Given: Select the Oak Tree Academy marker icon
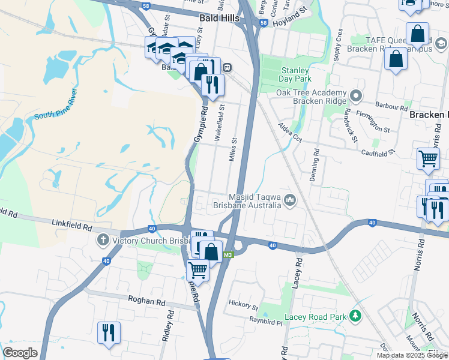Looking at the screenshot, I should point(356,96).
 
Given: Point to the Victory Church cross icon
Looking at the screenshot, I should point(102,241).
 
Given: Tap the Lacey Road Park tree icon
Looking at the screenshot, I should point(355,315).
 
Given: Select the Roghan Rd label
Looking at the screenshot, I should point(146,299).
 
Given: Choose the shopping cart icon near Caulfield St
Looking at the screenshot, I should point(428,158).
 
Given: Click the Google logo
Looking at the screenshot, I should point(20,353).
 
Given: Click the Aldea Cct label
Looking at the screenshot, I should point(289,131).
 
